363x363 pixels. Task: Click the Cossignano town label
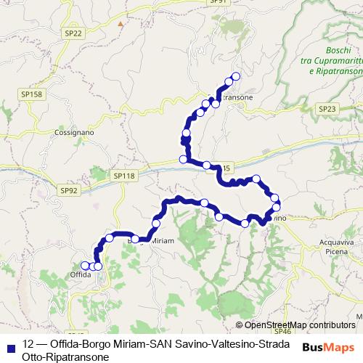click(x=70, y=133)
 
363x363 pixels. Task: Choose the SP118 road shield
click(x=124, y=176)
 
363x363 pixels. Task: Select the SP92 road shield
click(x=69, y=190)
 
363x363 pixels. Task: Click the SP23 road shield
click(x=327, y=108)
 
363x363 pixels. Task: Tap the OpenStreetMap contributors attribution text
click(x=300, y=325)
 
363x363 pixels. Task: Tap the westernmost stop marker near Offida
click(x=85, y=266)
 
